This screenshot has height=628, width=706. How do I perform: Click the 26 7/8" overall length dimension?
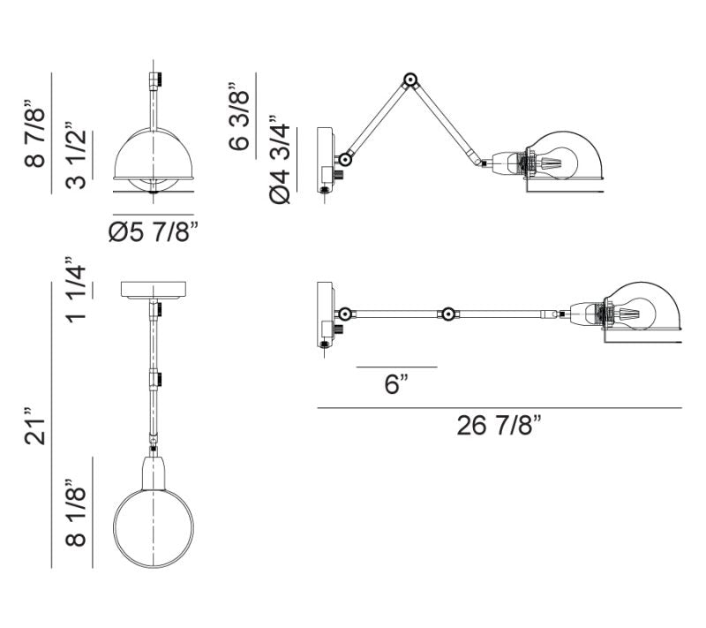499,425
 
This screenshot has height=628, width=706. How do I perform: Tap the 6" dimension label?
396,384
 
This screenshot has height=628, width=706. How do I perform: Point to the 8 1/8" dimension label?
76,512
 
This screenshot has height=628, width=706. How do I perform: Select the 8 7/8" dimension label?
35,132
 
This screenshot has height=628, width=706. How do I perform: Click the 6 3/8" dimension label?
238,117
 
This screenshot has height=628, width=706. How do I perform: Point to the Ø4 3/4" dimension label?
280,160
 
